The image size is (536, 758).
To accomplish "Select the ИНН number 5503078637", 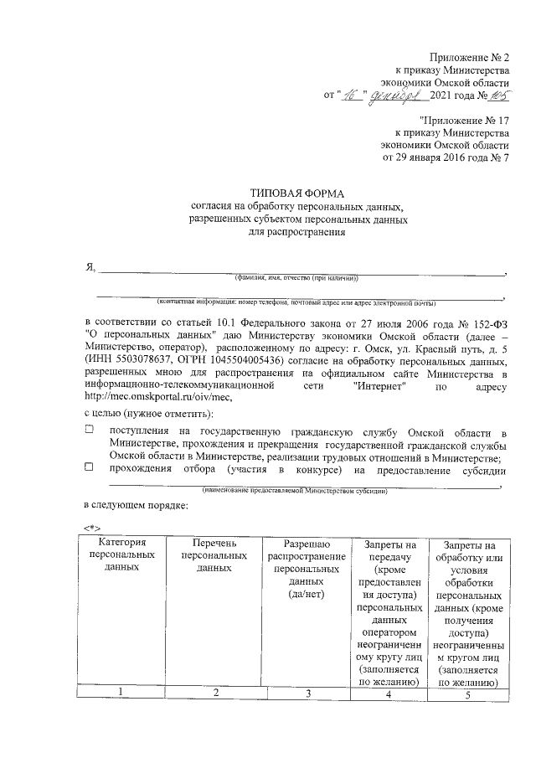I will pos(144,360).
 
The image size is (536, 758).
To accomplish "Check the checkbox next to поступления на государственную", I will pos(90,430).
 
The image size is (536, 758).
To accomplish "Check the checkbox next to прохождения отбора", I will pos(90,469).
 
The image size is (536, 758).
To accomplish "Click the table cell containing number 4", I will pos(388,692).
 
